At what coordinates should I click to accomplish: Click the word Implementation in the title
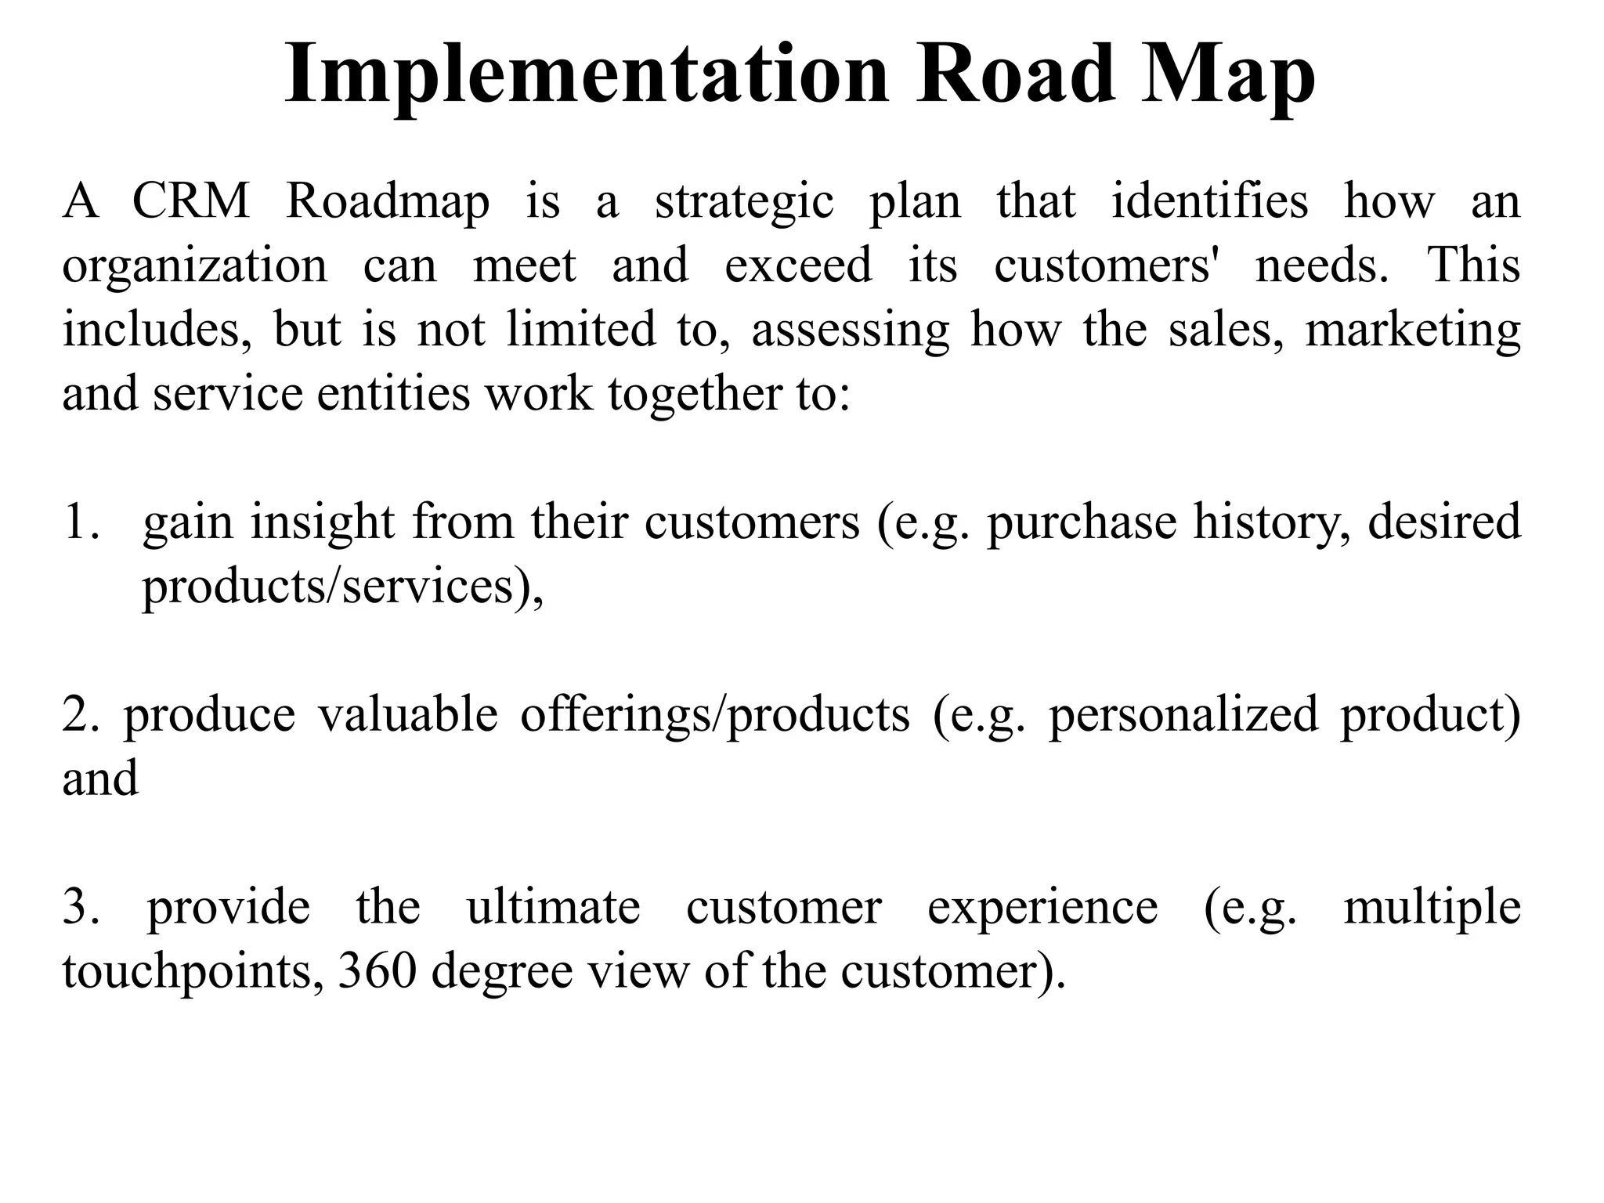point(587,74)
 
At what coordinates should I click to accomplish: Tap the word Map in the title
point(1228,74)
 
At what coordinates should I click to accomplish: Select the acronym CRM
point(190,200)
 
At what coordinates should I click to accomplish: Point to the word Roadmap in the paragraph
point(388,202)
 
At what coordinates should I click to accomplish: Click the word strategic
point(744,202)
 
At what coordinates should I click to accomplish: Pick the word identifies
point(1209,200)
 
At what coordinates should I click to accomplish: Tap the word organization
point(195,266)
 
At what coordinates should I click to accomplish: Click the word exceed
point(798,265)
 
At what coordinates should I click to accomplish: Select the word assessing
point(850,330)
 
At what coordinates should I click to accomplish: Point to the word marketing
point(1412,330)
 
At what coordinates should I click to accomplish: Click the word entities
point(394,393)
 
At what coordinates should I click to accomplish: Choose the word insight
point(322,522)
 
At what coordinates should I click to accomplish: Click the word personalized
point(1183,715)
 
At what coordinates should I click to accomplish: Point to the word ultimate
point(553,907)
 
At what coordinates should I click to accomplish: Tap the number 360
point(377,971)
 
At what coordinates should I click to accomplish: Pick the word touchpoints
point(193,973)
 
